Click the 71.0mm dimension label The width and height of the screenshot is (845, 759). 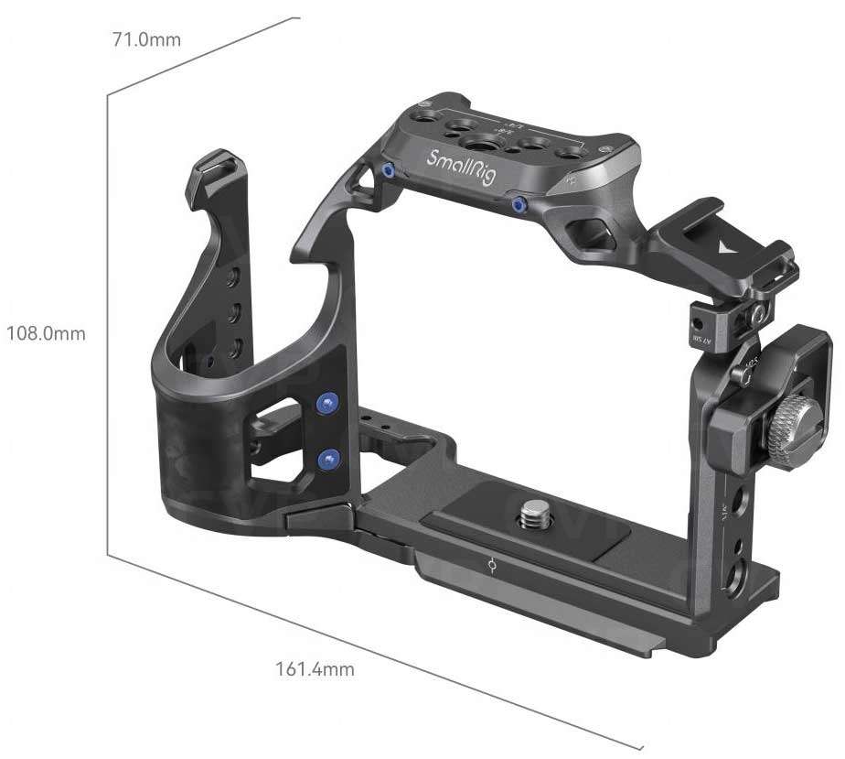point(146,39)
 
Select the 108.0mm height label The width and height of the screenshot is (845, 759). point(46,333)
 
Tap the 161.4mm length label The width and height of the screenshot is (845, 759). point(315,669)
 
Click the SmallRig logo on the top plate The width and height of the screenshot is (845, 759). point(462,167)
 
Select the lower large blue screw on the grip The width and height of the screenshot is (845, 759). point(326,458)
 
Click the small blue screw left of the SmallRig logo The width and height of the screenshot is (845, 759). point(389,170)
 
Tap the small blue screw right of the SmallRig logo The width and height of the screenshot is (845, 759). point(519,203)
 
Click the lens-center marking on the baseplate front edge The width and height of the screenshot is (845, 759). point(494,568)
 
